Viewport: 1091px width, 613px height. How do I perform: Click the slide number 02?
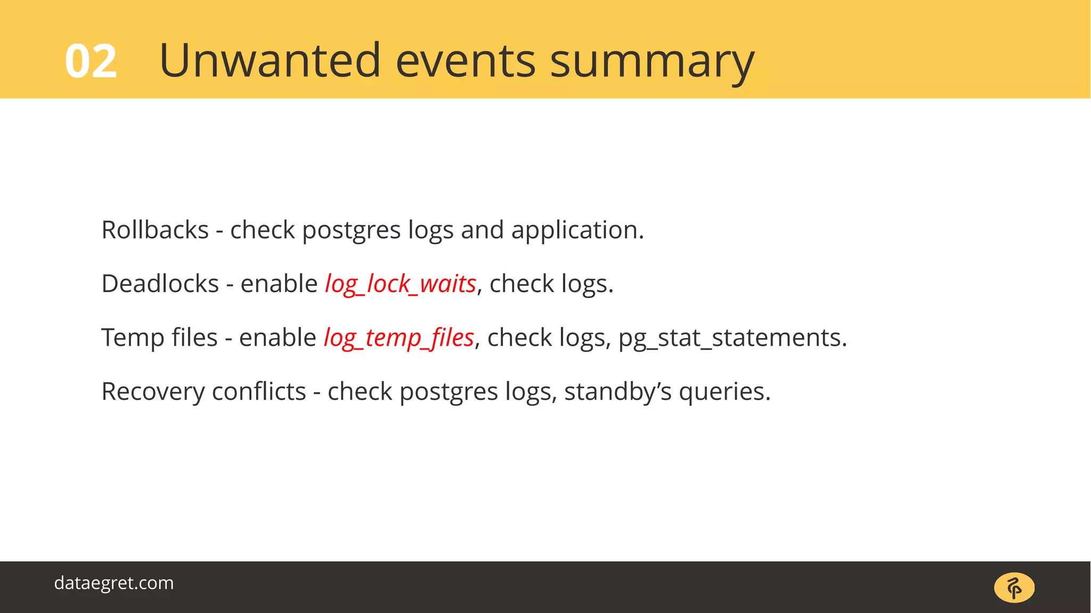tap(91, 62)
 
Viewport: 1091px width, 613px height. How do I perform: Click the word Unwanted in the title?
tap(270, 60)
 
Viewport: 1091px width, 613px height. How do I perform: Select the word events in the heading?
tap(465, 61)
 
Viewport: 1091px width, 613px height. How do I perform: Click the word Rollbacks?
tap(155, 230)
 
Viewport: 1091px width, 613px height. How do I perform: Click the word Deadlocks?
tap(160, 284)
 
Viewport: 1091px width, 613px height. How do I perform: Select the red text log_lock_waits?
tap(401, 284)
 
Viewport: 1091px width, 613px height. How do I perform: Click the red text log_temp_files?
tap(399, 338)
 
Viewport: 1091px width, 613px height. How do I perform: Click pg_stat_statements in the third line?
tap(732, 338)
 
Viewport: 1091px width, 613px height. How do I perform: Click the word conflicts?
tap(259, 391)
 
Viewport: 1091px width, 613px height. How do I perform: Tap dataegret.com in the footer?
tap(114, 583)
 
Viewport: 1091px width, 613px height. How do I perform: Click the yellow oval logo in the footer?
tap(1014, 588)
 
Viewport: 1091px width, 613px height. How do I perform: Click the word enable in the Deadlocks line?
tap(279, 284)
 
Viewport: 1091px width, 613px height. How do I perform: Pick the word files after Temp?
tap(194, 338)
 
